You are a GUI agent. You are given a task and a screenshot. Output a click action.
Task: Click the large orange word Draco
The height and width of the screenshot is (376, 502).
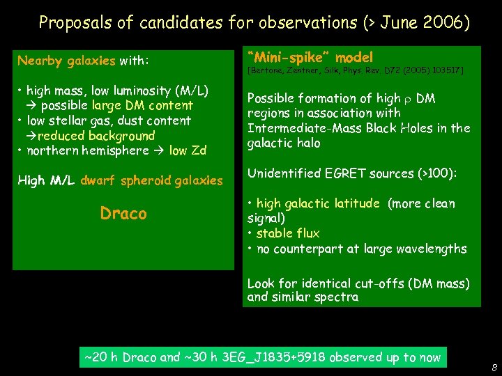coord(123,213)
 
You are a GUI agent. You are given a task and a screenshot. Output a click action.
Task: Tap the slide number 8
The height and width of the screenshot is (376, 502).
coord(494,368)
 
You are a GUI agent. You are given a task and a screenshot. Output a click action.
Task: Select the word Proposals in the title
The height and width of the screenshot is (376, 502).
coord(71,23)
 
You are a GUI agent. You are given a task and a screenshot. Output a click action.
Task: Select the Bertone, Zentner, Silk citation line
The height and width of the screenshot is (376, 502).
coord(355,71)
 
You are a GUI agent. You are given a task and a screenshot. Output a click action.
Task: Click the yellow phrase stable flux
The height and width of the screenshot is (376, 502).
coord(288,233)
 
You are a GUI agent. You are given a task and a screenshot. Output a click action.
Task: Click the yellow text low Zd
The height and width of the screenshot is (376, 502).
coord(188,151)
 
